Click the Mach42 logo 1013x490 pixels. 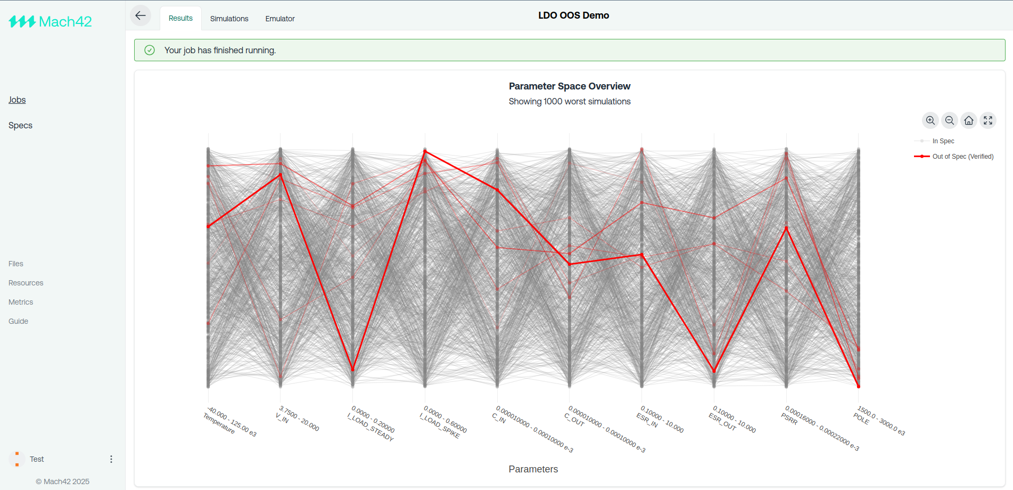[50, 22]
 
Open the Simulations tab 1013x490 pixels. [229, 19]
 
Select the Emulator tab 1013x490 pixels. [280, 19]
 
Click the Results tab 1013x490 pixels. [180, 18]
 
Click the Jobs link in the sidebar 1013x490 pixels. [17, 100]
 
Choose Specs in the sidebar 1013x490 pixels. [20, 126]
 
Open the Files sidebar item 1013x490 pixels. [16, 264]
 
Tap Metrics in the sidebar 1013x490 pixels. [21, 302]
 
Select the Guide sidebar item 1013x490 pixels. [18, 321]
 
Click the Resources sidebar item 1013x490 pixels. [26, 283]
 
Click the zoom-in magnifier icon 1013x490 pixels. [930, 120]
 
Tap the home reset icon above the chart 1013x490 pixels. [969, 120]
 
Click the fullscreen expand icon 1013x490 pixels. [988, 120]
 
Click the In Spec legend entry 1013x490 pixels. [943, 141]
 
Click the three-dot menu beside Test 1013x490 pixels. [111, 459]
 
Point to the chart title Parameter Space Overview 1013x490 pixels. [569, 86]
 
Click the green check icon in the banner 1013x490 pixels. [150, 50]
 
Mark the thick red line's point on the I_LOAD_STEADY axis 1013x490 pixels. [352, 369]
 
